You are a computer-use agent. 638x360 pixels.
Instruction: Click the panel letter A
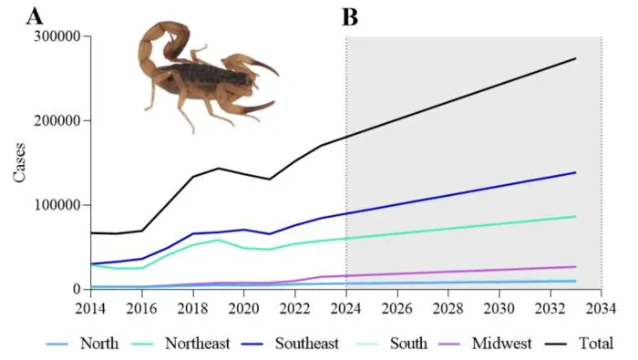35,17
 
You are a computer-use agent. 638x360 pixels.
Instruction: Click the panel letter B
350,17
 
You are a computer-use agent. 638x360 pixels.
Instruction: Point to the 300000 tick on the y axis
57,36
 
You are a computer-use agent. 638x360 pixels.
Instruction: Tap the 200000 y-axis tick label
57,121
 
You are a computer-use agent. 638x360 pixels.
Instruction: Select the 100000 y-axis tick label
57,205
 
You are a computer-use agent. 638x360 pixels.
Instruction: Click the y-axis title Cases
19,163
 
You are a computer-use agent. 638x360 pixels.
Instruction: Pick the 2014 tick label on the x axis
90,308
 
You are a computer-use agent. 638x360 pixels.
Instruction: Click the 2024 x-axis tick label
345,308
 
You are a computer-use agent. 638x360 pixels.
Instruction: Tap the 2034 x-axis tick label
601,308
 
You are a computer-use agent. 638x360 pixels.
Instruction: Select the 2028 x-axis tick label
448,308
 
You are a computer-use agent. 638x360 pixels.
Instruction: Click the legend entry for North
83,344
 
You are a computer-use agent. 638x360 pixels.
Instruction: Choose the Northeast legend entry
181,344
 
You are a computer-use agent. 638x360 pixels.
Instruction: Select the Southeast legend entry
290,344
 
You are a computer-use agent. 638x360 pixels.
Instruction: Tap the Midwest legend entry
486,344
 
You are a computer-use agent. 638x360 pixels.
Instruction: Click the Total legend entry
579,344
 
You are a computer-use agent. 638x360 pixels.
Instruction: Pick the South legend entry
392,344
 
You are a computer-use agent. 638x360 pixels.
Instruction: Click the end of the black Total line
575,58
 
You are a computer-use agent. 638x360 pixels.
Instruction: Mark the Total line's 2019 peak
219,168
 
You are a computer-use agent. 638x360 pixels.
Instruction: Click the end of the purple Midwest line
575,267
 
